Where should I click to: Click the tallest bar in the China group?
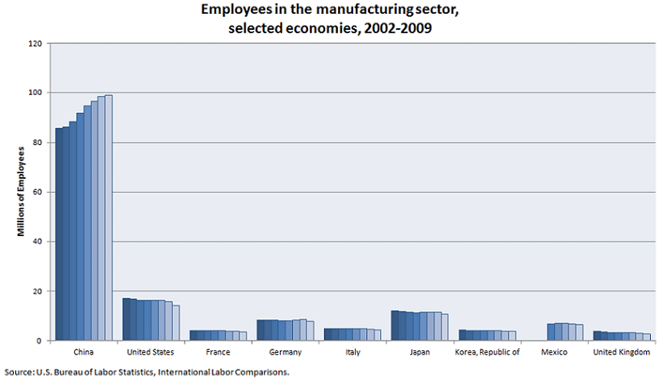[x=109, y=217]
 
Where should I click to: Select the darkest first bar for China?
[x=59, y=234]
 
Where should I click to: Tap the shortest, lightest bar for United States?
[x=176, y=323]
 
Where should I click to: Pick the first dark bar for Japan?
[x=394, y=325]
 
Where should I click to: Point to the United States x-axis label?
[x=151, y=353]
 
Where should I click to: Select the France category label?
[x=218, y=353]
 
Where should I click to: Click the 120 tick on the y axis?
[x=35, y=43]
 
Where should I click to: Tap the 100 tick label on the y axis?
[x=35, y=93]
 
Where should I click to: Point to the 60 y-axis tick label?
[x=37, y=192]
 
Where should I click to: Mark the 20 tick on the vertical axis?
[x=37, y=291]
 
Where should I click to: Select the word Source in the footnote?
[x=18, y=372]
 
